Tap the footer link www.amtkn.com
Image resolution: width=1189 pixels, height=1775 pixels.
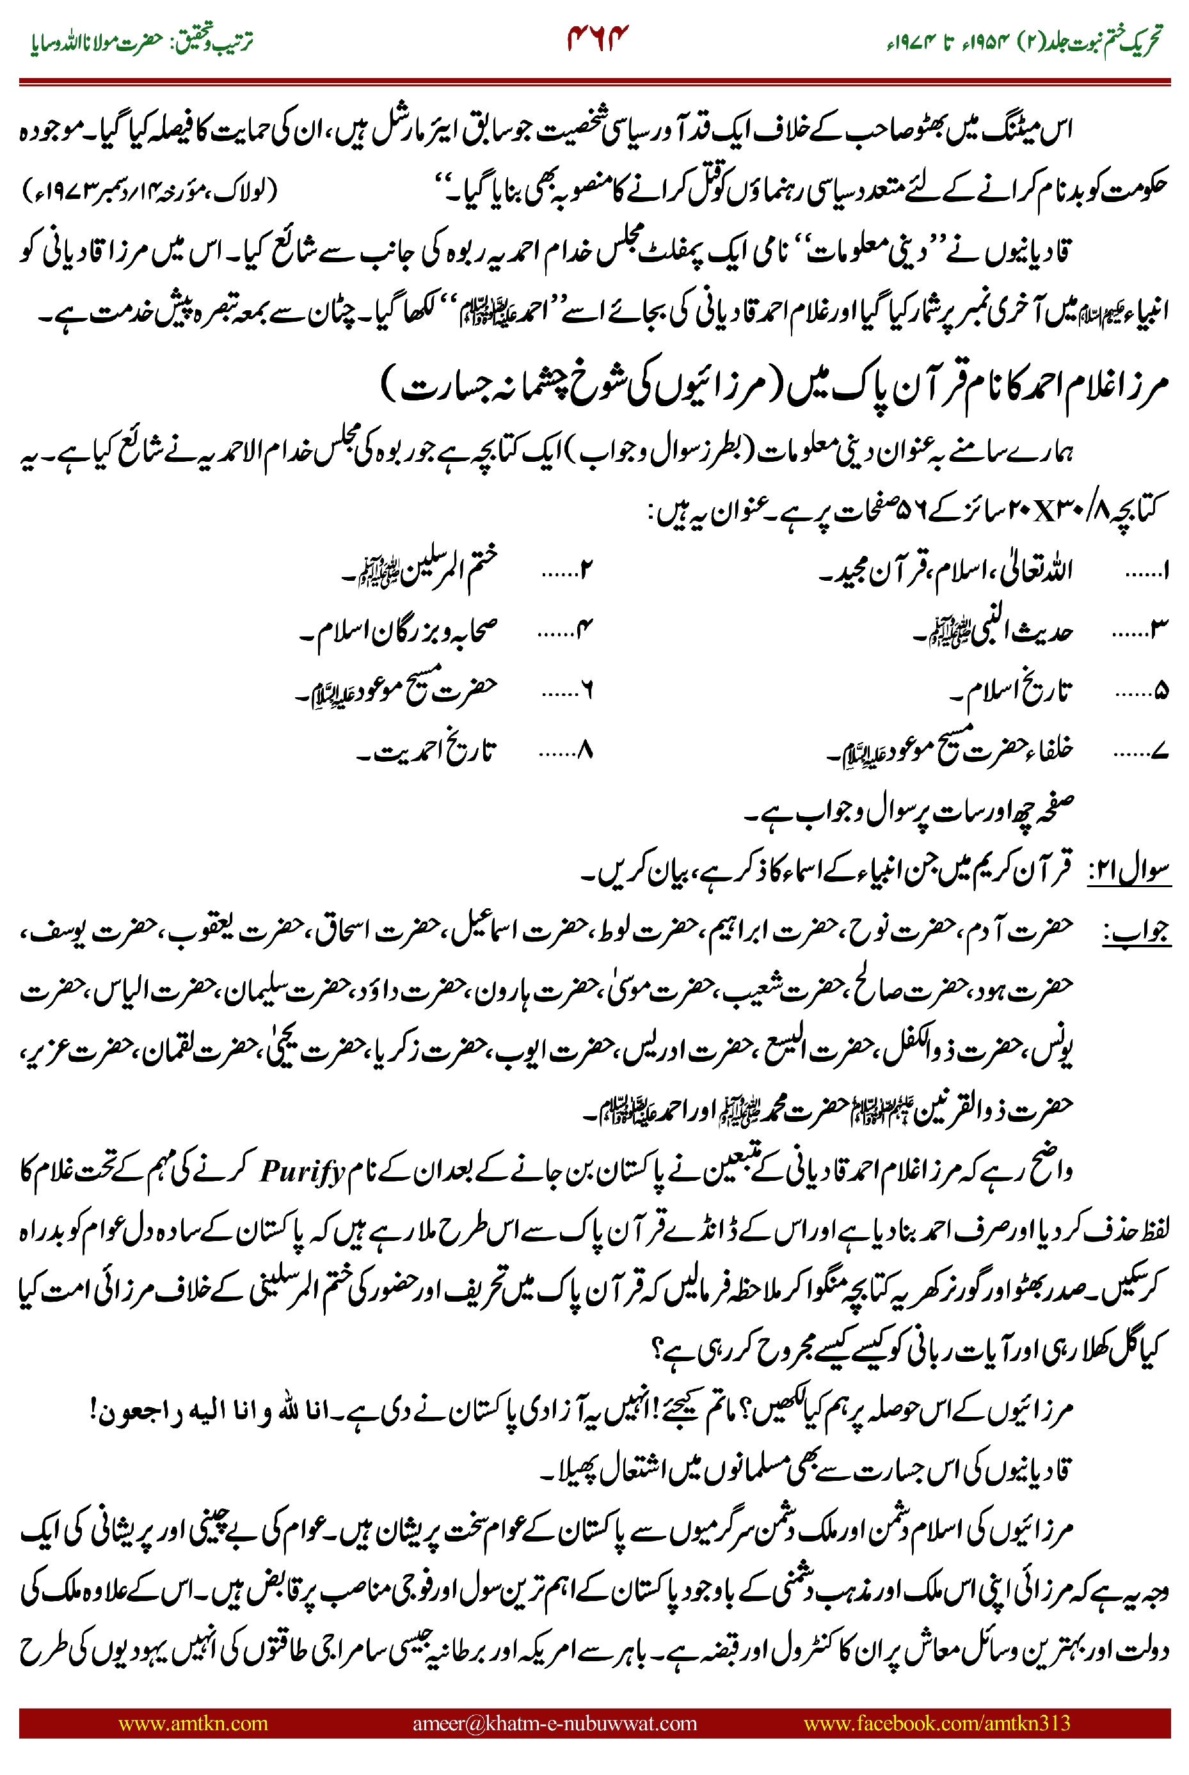pos(193,1723)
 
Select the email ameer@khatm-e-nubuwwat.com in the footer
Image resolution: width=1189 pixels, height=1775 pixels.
pos(554,1723)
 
